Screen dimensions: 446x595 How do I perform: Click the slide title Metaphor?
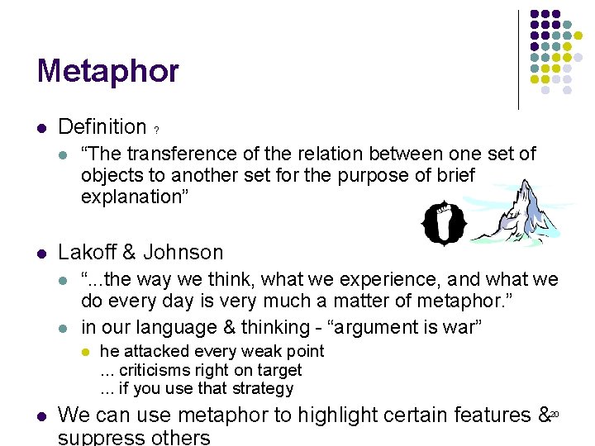[107, 71]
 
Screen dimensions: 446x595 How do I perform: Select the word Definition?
[102, 127]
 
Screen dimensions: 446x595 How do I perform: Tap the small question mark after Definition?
[157, 130]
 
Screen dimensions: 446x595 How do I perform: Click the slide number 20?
[555, 413]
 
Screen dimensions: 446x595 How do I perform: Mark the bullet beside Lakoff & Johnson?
[42, 254]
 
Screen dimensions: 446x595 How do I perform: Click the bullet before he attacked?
[84, 352]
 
